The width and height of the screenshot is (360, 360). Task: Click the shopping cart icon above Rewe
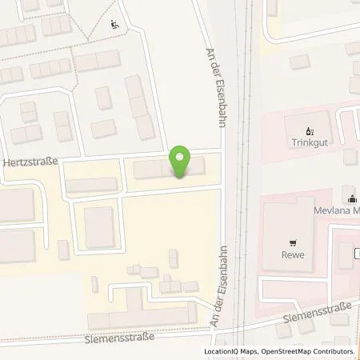pyautogui.click(x=293, y=241)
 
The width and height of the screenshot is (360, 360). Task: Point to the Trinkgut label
pyautogui.click(x=311, y=145)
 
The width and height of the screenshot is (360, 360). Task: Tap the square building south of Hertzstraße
pyautogui.click(x=100, y=226)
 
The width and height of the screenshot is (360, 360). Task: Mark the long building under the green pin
pyautogui.click(x=169, y=170)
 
